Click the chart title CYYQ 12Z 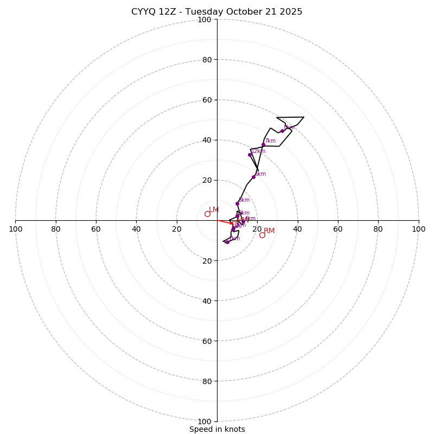[216, 12]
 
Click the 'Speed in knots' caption [217, 429]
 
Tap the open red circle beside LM [207, 214]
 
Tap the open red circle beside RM [262, 235]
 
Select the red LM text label [214, 210]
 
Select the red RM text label [269, 231]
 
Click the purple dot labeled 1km [227, 242]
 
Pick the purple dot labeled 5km [237, 204]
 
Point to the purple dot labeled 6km [253, 177]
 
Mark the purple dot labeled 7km [263, 145]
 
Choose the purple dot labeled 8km [282, 131]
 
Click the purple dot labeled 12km [250, 155]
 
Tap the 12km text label [258, 151]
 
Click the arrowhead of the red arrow [232, 224]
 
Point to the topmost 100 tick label [205, 20]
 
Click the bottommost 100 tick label [205, 422]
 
